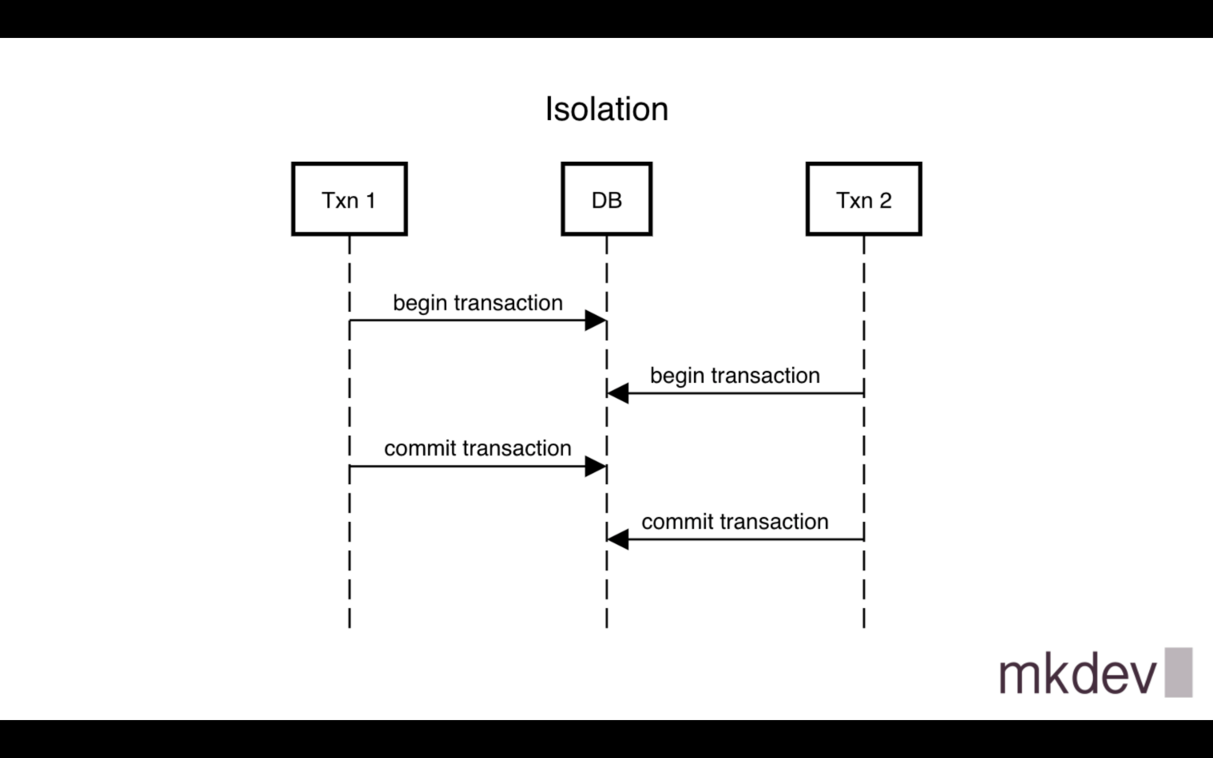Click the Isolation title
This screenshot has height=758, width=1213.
click(606, 109)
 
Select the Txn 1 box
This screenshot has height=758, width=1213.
click(349, 199)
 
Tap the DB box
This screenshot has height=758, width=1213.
click(606, 199)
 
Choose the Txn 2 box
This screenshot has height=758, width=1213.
click(863, 199)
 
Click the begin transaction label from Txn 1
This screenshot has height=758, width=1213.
click(477, 303)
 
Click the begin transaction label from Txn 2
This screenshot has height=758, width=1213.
click(734, 376)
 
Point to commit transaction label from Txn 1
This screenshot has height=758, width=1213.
click(477, 448)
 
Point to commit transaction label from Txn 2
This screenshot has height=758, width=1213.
click(734, 522)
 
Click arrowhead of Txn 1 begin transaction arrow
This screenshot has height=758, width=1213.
click(595, 321)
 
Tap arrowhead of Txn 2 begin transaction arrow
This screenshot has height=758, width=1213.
click(618, 393)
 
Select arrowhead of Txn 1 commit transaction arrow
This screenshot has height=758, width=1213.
click(595, 467)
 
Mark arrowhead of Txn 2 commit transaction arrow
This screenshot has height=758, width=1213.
click(618, 539)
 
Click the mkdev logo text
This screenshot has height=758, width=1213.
click(1077, 674)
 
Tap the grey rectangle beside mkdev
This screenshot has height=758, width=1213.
click(1178, 673)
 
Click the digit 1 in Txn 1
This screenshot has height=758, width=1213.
click(370, 201)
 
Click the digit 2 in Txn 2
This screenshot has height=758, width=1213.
click(885, 201)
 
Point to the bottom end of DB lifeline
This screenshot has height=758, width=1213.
click(606, 625)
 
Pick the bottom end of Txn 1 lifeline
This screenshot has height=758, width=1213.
click(349, 625)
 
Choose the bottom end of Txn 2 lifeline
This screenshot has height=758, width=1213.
click(864, 625)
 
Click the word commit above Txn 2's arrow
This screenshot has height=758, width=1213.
click(673, 522)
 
